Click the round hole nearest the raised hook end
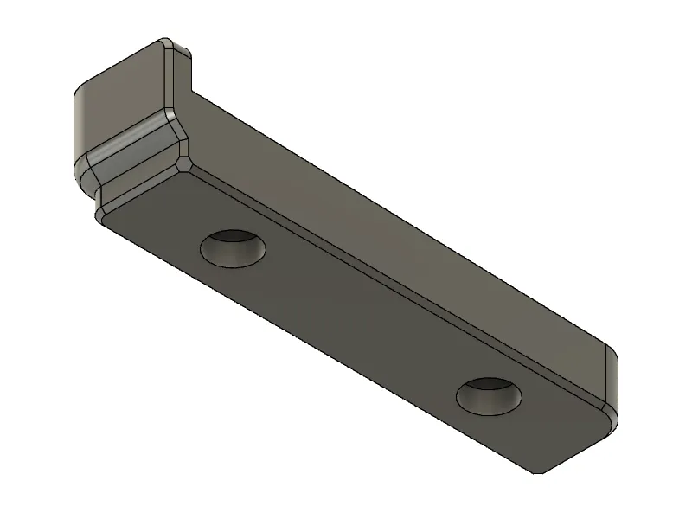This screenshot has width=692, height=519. pos(233,249)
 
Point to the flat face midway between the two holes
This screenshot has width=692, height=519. pos(359,324)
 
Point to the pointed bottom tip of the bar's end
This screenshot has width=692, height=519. pos(537,472)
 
